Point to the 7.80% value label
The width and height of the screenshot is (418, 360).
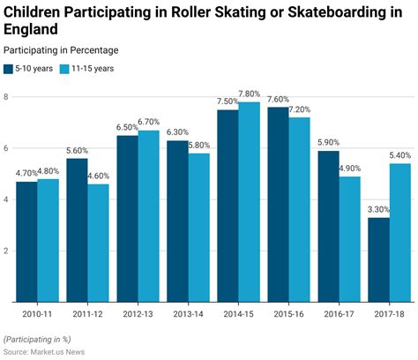[250, 94]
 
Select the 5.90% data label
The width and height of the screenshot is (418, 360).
[327, 143]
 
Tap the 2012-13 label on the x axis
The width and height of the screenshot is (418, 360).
[138, 313]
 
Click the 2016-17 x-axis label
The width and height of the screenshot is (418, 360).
[339, 313]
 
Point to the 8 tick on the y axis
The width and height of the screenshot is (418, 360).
[6, 97]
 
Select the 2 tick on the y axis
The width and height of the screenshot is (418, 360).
[6, 251]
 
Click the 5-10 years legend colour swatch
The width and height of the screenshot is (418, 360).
[9, 68]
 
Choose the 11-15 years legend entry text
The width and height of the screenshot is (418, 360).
[92, 68]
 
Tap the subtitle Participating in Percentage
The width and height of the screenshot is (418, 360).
[61, 50]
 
